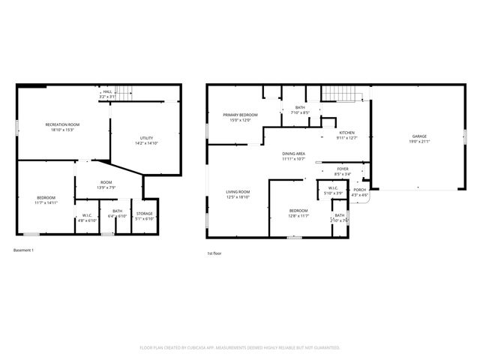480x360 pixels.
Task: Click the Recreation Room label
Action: pyautogui.click(x=62, y=124)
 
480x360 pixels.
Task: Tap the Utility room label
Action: pyautogui.click(x=147, y=137)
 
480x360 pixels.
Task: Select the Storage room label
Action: pyautogui.click(x=144, y=214)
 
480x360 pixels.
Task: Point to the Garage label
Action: pyautogui.click(x=418, y=136)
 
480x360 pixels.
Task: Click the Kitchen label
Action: pyautogui.click(x=346, y=133)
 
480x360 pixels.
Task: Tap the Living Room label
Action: pyautogui.click(x=238, y=192)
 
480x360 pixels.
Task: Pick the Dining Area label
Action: pyautogui.click(x=293, y=153)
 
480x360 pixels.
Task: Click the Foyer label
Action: pyautogui.click(x=343, y=169)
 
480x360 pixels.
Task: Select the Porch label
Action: pyautogui.click(x=360, y=190)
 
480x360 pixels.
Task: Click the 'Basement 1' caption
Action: pyautogui.click(x=24, y=250)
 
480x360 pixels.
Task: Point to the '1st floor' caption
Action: pyautogui.click(x=214, y=253)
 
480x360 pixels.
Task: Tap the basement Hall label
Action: pyautogui.click(x=107, y=91)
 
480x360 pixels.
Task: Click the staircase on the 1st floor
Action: pyautogui.click(x=342, y=94)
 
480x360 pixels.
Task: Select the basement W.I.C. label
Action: pyautogui.click(x=88, y=216)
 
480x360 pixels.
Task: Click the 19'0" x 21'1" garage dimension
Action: pyautogui.click(x=418, y=141)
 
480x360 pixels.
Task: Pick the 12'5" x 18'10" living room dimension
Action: pyautogui.click(x=238, y=197)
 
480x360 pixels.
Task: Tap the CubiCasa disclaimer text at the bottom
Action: pyautogui.click(x=240, y=348)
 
